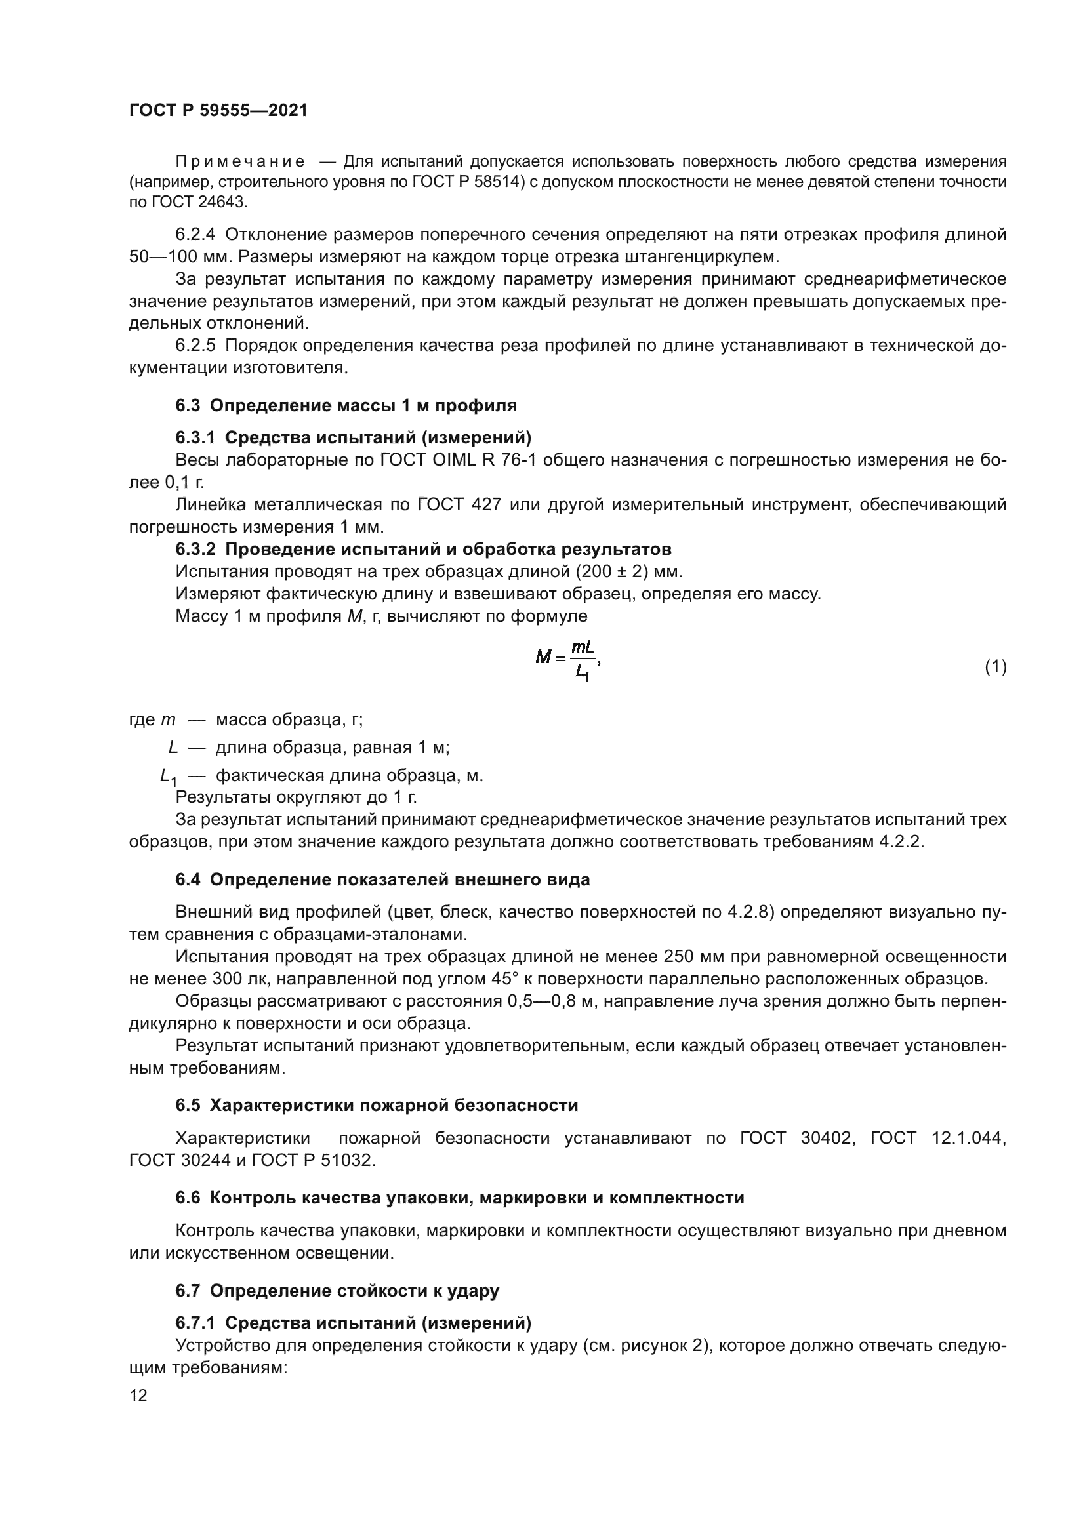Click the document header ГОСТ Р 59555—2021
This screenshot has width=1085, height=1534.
tap(218, 110)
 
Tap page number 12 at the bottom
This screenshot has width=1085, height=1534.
tap(138, 1395)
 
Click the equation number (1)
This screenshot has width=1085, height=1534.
tap(996, 666)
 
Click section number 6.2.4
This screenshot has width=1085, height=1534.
tap(195, 235)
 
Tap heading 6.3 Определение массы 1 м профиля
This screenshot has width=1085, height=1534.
tap(346, 405)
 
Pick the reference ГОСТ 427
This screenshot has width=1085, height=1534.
tap(460, 504)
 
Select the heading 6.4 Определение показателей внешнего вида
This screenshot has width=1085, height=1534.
tap(383, 880)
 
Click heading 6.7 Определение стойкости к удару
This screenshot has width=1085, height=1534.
tap(337, 1291)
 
